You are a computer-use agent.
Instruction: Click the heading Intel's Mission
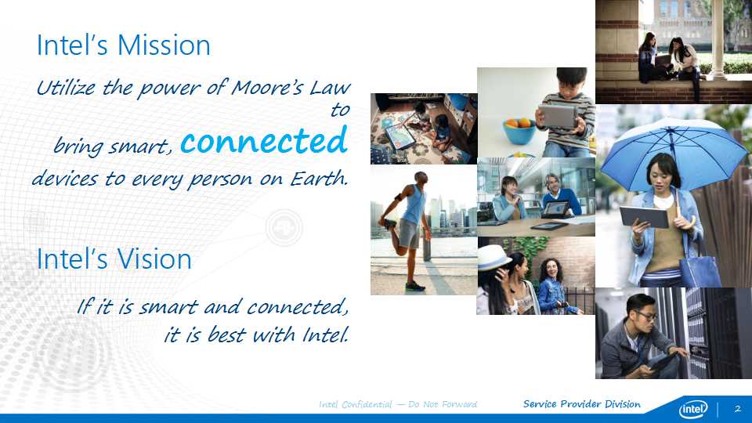(x=123, y=45)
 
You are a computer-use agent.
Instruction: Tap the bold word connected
(x=264, y=140)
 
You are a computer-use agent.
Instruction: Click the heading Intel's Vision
(x=114, y=259)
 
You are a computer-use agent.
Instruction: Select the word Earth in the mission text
(x=319, y=179)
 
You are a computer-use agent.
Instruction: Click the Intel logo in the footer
(x=693, y=409)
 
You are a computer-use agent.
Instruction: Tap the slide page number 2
(x=738, y=409)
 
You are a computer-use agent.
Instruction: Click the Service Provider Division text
(x=582, y=404)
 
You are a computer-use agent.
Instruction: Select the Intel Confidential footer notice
(x=398, y=404)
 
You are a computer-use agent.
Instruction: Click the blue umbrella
(x=674, y=151)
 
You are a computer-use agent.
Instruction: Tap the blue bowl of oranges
(x=519, y=131)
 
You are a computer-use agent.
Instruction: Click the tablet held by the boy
(x=558, y=116)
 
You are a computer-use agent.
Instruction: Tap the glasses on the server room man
(x=645, y=316)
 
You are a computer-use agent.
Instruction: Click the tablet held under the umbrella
(x=644, y=217)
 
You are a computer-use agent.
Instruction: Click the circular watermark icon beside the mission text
(x=284, y=227)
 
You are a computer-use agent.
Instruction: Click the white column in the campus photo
(x=718, y=39)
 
